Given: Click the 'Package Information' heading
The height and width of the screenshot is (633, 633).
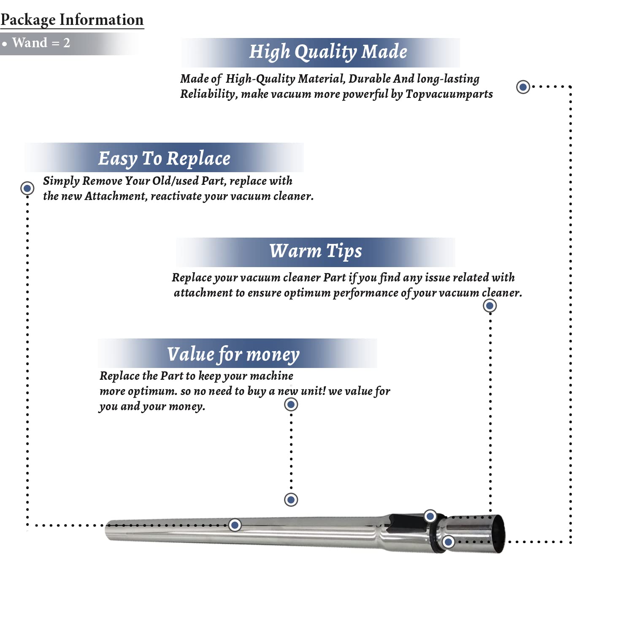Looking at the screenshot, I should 72,20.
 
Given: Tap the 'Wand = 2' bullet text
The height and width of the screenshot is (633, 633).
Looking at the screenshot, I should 41,43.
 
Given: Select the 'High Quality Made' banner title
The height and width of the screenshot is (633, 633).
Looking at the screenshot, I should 328,52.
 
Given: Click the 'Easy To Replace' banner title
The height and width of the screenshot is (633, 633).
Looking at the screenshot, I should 164,159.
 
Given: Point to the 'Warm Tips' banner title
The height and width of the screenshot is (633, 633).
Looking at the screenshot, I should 316,251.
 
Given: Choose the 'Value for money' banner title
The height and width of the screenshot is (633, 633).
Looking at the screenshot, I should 233,354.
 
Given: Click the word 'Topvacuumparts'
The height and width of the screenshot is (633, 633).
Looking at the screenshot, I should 449,94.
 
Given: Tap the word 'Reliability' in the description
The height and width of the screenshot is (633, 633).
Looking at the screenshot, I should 207,94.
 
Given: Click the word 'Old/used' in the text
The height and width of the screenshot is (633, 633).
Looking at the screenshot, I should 175,181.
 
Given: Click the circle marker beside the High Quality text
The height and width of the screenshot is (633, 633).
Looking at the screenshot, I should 523,87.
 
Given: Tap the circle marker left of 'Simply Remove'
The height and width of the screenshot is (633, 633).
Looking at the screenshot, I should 27,188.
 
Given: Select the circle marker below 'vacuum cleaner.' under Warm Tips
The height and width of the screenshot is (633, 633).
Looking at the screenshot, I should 490,306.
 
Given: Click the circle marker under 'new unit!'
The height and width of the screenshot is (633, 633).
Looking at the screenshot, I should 291,405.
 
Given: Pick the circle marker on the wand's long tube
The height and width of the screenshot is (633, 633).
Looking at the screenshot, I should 235,525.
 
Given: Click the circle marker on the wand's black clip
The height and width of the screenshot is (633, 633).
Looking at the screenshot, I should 430,516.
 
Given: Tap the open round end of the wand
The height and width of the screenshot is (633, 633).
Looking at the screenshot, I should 498,533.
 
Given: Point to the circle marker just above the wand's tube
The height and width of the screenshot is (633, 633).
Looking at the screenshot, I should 291,500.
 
